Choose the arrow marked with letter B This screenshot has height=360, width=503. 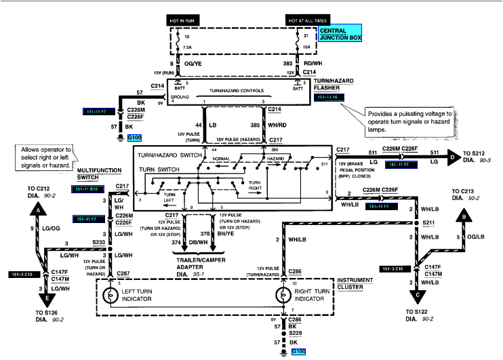(463, 216)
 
